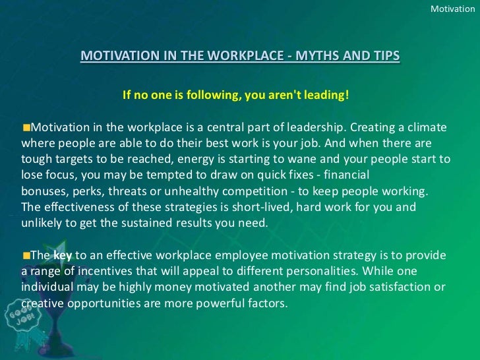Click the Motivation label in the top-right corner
[x=452, y=9]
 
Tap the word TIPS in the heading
[x=385, y=56]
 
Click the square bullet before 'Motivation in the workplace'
[x=26, y=127]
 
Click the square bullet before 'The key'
[x=26, y=255]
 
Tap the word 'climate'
[x=427, y=127]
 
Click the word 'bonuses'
[x=43, y=191]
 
